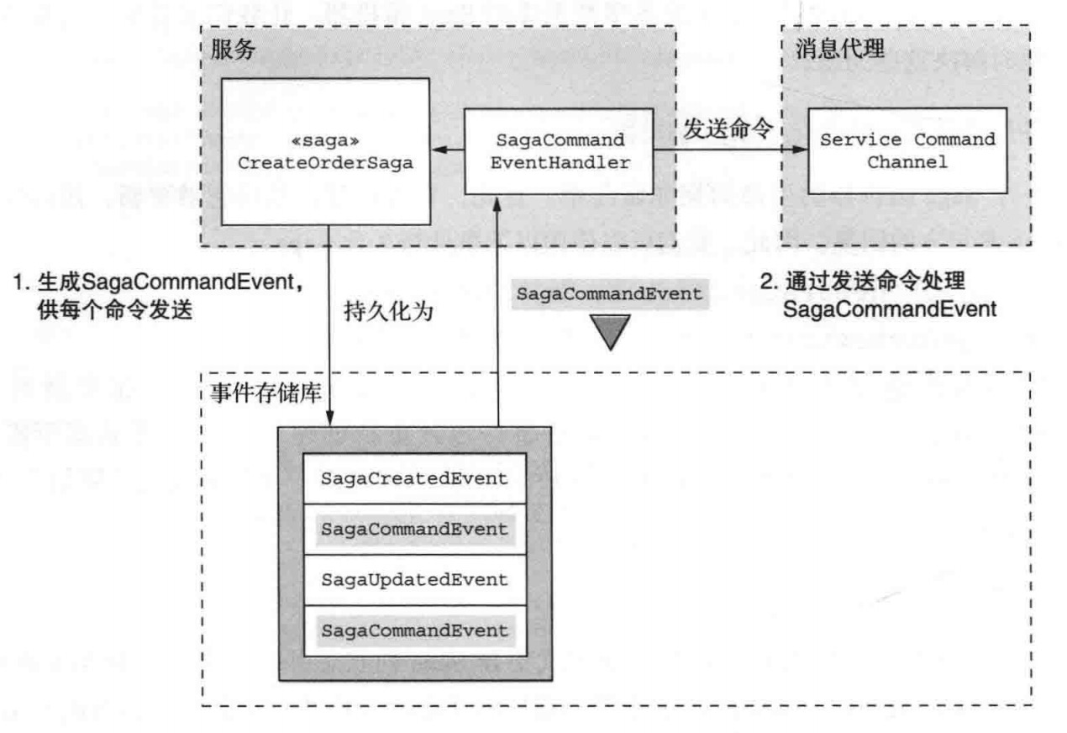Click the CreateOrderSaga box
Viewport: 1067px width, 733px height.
(325, 151)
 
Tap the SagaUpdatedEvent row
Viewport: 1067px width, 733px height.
(415, 580)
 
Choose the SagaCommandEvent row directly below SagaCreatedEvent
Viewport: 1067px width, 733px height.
(415, 530)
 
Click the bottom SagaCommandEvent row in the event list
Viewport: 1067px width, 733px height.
(415, 630)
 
